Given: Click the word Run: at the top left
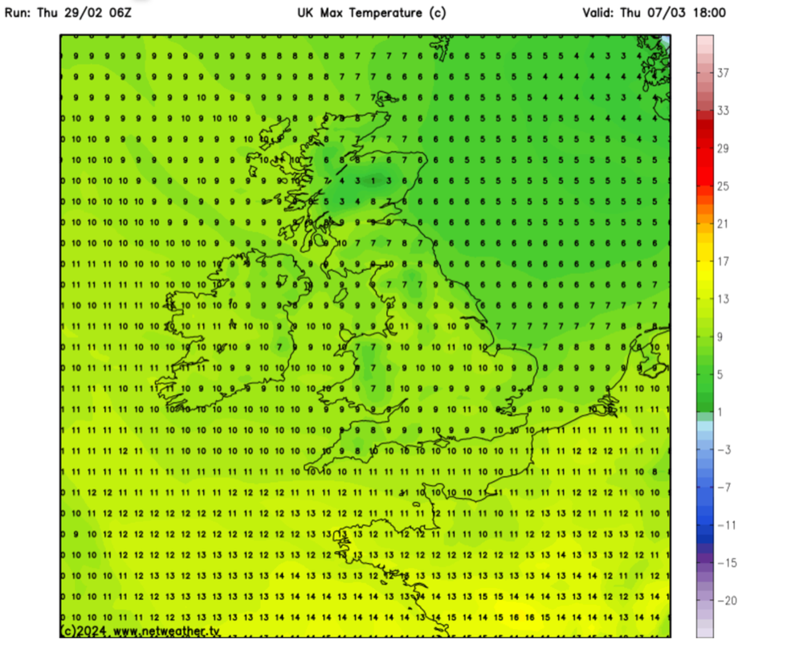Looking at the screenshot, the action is (x=19, y=13).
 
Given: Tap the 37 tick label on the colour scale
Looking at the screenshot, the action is (x=723, y=73).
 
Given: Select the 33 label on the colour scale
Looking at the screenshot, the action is (x=723, y=111).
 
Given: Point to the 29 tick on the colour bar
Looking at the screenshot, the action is (x=723, y=149).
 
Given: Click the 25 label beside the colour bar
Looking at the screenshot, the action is (x=723, y=186).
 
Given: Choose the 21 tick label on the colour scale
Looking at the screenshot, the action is (x=723, y=224).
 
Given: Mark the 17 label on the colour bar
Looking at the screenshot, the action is (x=723, y=262).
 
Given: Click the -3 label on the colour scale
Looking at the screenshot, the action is (x=723, y=451).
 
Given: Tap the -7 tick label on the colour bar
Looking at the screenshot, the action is (x=723, y=488).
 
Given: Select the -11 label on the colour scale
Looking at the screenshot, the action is (x=724, y=525).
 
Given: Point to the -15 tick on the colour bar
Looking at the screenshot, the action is (x=724, y=563).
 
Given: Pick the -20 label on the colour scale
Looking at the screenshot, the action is (x=724, y=601).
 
